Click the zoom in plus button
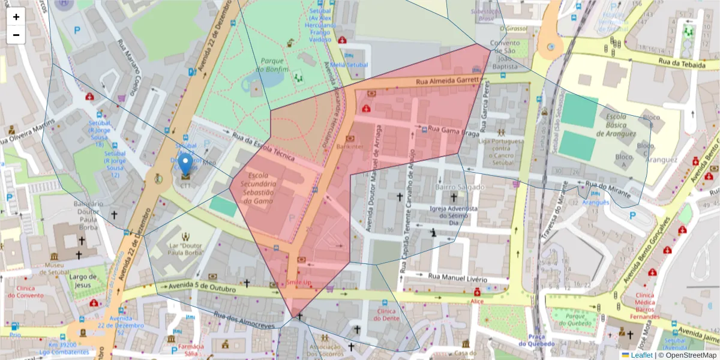[16, 17]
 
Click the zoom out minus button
[16, 35]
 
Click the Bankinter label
[350, 146]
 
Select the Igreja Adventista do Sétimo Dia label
[454, 215]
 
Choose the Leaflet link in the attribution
[641, 355]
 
